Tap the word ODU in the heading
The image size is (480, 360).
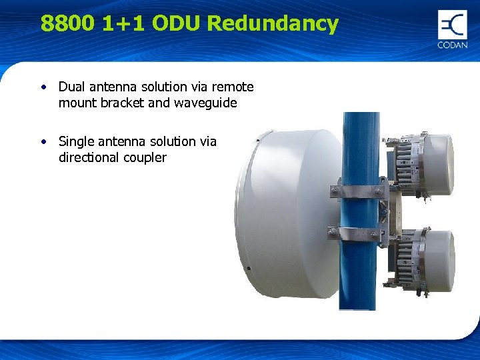pyautogui.click(x=177, y=24)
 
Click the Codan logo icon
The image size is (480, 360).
pyautogui.click(x=453, y=25)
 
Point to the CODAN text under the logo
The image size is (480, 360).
pyautogui.click(x=453, y=45)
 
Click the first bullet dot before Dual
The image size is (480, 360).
pyautogui.click(x=44, y=87)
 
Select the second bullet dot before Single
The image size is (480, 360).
pyautogui.click(x=44, y=141)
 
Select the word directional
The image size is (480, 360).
pyautogui.click(x=86, y=158)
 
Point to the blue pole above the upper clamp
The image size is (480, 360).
pyautogui.click(x=361, y=147)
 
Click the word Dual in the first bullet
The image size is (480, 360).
pyautogui.click(x=71, y=87)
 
